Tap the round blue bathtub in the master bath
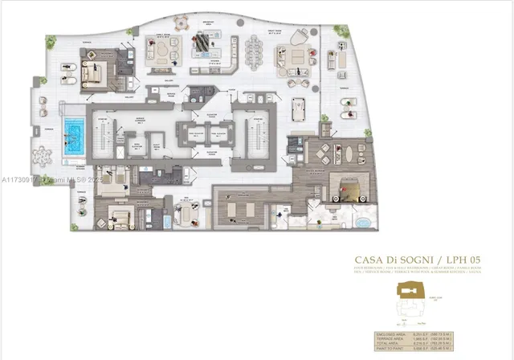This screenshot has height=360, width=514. click(363, 221)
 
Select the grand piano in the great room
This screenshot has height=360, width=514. click(201, 39)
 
